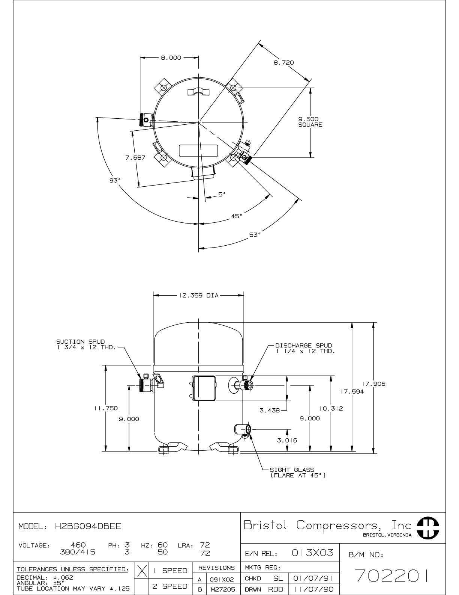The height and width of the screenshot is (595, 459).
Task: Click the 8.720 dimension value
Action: point(284,62)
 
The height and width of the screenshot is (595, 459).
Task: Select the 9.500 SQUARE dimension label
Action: point(310,122)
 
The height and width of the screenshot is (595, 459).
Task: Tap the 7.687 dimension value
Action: point(135,157)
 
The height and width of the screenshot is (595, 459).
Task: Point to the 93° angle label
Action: point(115,180)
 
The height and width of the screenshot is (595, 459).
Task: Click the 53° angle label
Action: point(255,235)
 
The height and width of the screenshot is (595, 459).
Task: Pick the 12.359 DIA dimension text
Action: point(199,296)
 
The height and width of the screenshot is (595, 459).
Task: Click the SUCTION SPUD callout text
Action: point(86,344)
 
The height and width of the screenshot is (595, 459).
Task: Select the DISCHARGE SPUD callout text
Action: point(305,348)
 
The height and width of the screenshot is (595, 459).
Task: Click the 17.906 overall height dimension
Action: point(374,384)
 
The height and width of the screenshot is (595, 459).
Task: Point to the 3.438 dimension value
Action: point(270,410)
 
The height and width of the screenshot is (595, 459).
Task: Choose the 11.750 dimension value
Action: point(106,408)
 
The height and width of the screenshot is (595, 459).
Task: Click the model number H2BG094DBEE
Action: point(88,526)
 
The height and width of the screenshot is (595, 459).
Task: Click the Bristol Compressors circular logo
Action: point(428,528)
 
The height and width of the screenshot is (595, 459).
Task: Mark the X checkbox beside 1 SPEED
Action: point(142,570)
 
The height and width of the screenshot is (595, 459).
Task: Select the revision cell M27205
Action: point(223,589)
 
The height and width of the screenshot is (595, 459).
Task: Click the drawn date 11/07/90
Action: point(313,589)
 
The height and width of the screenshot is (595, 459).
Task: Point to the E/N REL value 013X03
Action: point(312,553)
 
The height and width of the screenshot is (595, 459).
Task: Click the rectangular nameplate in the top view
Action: point(198,151)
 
